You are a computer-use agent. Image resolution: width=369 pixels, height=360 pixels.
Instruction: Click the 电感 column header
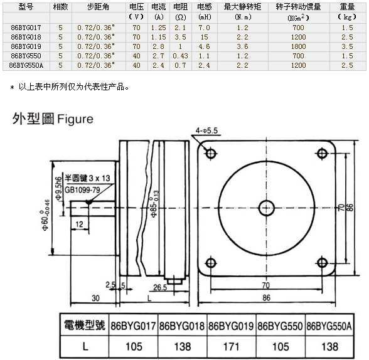[205, 7]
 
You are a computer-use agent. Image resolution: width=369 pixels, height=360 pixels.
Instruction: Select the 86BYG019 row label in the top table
[26, 46]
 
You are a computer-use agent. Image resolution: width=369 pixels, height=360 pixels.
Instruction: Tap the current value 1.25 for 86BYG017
[158, 28]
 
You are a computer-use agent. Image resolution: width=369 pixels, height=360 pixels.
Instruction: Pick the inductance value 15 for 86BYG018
[205, 37]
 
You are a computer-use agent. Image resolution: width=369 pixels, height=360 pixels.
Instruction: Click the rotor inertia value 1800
[299, 46]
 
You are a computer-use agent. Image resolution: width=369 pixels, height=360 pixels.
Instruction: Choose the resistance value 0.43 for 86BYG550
[180, 56]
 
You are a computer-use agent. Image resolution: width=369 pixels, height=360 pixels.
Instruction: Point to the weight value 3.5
[347, 46]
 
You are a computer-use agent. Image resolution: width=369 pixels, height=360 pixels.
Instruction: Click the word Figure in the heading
[75, 119]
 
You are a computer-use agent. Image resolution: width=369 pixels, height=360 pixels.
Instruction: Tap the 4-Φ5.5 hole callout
[206, 130]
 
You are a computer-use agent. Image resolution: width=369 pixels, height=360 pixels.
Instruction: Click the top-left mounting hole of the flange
[211, 154]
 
